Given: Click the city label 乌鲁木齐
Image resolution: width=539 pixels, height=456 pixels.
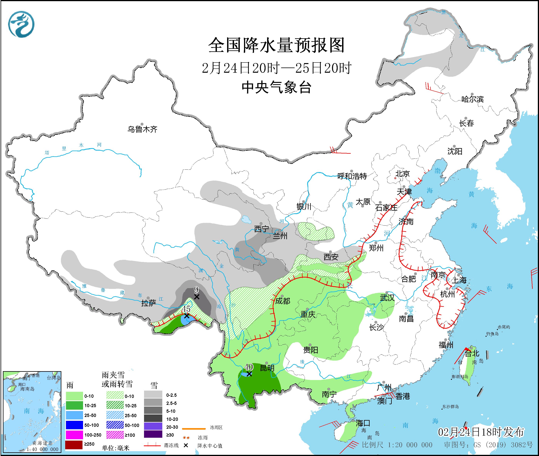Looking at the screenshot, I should click(142, 129).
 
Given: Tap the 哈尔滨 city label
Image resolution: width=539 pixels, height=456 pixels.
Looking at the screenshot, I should click(472, 99).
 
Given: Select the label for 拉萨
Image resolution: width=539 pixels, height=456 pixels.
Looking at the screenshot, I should click(149, 303).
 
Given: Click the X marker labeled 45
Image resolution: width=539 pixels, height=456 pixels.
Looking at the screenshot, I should click(186, 316).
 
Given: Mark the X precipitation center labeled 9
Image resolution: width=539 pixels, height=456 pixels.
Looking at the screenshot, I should click(197, 297).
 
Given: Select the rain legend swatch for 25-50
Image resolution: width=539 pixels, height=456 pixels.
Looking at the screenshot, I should click(74, 415).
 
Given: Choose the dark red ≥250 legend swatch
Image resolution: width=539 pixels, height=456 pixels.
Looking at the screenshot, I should click(74, 444).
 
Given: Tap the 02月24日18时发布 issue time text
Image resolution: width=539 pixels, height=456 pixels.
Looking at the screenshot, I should click(481, 432).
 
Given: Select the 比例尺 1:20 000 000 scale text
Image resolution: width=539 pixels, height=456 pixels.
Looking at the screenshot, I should click(397, 445).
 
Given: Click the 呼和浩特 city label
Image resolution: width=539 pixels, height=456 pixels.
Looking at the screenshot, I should click(352, 176).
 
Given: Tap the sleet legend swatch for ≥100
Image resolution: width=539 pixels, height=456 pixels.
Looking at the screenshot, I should click(115, 435).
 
